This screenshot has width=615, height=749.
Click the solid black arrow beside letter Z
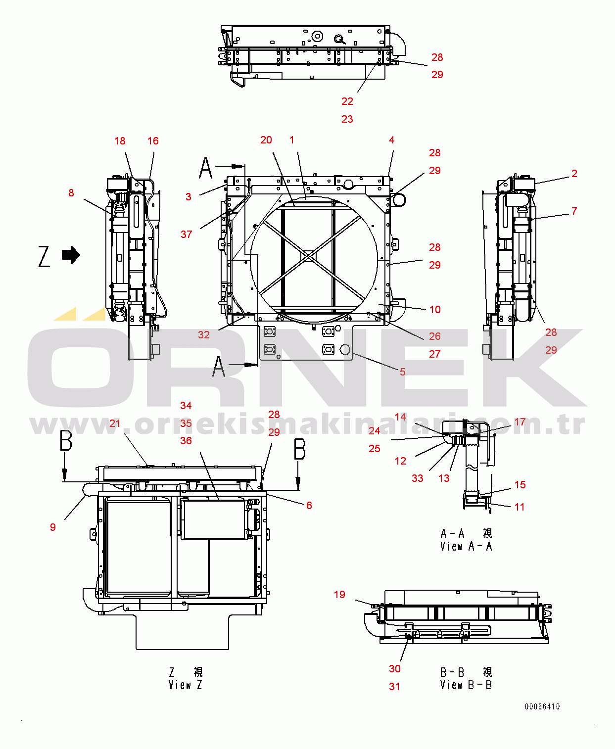(71, 255)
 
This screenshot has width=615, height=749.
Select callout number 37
(186, 234)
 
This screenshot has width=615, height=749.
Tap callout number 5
(403, 372)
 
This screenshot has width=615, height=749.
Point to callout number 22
(347, 101)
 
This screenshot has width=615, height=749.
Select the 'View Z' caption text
(186, 685)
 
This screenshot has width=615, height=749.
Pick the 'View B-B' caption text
(466, 685)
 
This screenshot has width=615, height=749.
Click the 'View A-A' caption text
(466, 546)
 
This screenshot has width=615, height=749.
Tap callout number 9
(53, 527)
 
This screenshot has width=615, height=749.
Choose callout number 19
(339, 595)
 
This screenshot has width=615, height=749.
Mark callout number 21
(115, 423)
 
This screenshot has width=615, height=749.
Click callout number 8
(71, 193)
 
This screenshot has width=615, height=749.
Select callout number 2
(574, 173)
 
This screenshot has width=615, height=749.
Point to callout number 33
(418, 478)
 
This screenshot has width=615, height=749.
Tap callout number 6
(309, 506)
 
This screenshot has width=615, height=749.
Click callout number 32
(203, 334)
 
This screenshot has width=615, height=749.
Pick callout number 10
(435, 309)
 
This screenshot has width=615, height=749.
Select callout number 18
(120, 141)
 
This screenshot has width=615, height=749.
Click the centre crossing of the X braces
(309, 256)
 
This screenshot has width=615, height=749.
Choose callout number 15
(520, 484)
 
